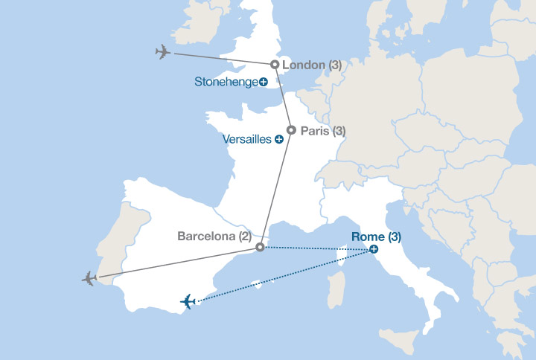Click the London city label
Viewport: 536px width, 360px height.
tap(304, 65)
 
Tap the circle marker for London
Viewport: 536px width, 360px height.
tap(275, 65)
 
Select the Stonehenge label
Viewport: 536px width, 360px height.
tap(226, 81)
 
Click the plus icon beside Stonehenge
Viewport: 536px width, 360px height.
tap(264, 81)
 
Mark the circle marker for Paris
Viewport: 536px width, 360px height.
tap(291, 130)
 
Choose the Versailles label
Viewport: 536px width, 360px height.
tap(247, 139)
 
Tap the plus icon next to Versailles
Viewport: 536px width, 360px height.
tap(278, 139)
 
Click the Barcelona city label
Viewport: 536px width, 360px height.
tap(205, 237)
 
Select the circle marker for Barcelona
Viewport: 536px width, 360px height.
tap(259, 247)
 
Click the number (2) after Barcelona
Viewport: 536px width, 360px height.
tap(245, 237)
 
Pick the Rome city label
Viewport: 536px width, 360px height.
tap(368, 238)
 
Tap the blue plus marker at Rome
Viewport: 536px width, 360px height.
tap(374, 251)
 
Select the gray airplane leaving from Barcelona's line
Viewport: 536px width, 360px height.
tap(90, 278)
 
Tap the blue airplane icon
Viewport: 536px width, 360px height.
tap(188, 301)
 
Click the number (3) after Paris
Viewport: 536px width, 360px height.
tap(339, 130)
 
